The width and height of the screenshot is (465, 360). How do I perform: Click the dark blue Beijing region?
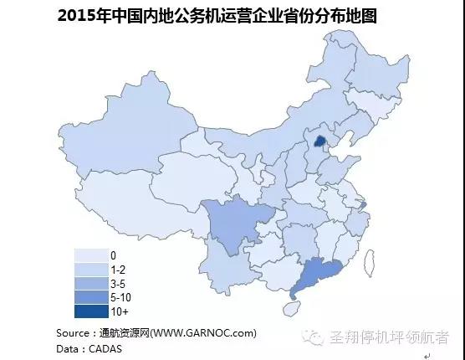point(318,139)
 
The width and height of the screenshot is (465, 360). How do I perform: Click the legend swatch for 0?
point(90,255)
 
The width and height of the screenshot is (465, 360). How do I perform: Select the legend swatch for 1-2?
point(90,269)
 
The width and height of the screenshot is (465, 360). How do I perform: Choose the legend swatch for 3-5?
point(90,283)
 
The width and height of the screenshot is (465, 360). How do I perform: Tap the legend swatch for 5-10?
point(90,297)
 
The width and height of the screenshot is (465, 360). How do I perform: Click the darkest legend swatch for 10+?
point(90,311)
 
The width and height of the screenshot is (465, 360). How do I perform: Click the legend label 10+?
point(120,312)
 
